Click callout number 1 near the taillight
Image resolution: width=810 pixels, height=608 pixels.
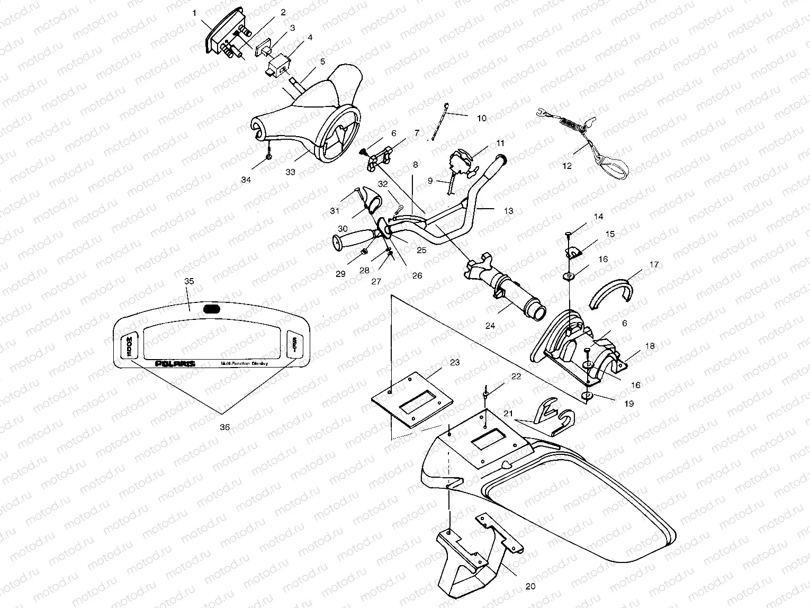pos(195,12)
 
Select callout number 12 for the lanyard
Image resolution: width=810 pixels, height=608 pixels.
pos(567,166)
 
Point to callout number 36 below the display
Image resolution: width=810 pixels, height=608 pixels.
pos(224,427)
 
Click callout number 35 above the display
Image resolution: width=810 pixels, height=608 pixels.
pos(189,282)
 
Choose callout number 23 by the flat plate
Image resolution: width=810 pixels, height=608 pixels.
pos(455,362)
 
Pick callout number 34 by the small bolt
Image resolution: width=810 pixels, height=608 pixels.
pos(246,180)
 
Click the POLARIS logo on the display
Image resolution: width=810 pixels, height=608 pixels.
pos(175,364)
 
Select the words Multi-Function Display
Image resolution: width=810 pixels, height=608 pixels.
pos(244,364)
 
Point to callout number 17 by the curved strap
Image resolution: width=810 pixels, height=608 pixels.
pos(654,265)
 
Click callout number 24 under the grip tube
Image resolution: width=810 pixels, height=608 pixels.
pos(490,326)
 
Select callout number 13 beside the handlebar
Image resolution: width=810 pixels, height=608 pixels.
pos(508,211)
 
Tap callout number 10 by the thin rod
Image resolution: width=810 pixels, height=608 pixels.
pos(481,118)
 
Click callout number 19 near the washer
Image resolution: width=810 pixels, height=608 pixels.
pos(628,403)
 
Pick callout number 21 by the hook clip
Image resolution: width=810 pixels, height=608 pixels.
pos(508,413)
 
